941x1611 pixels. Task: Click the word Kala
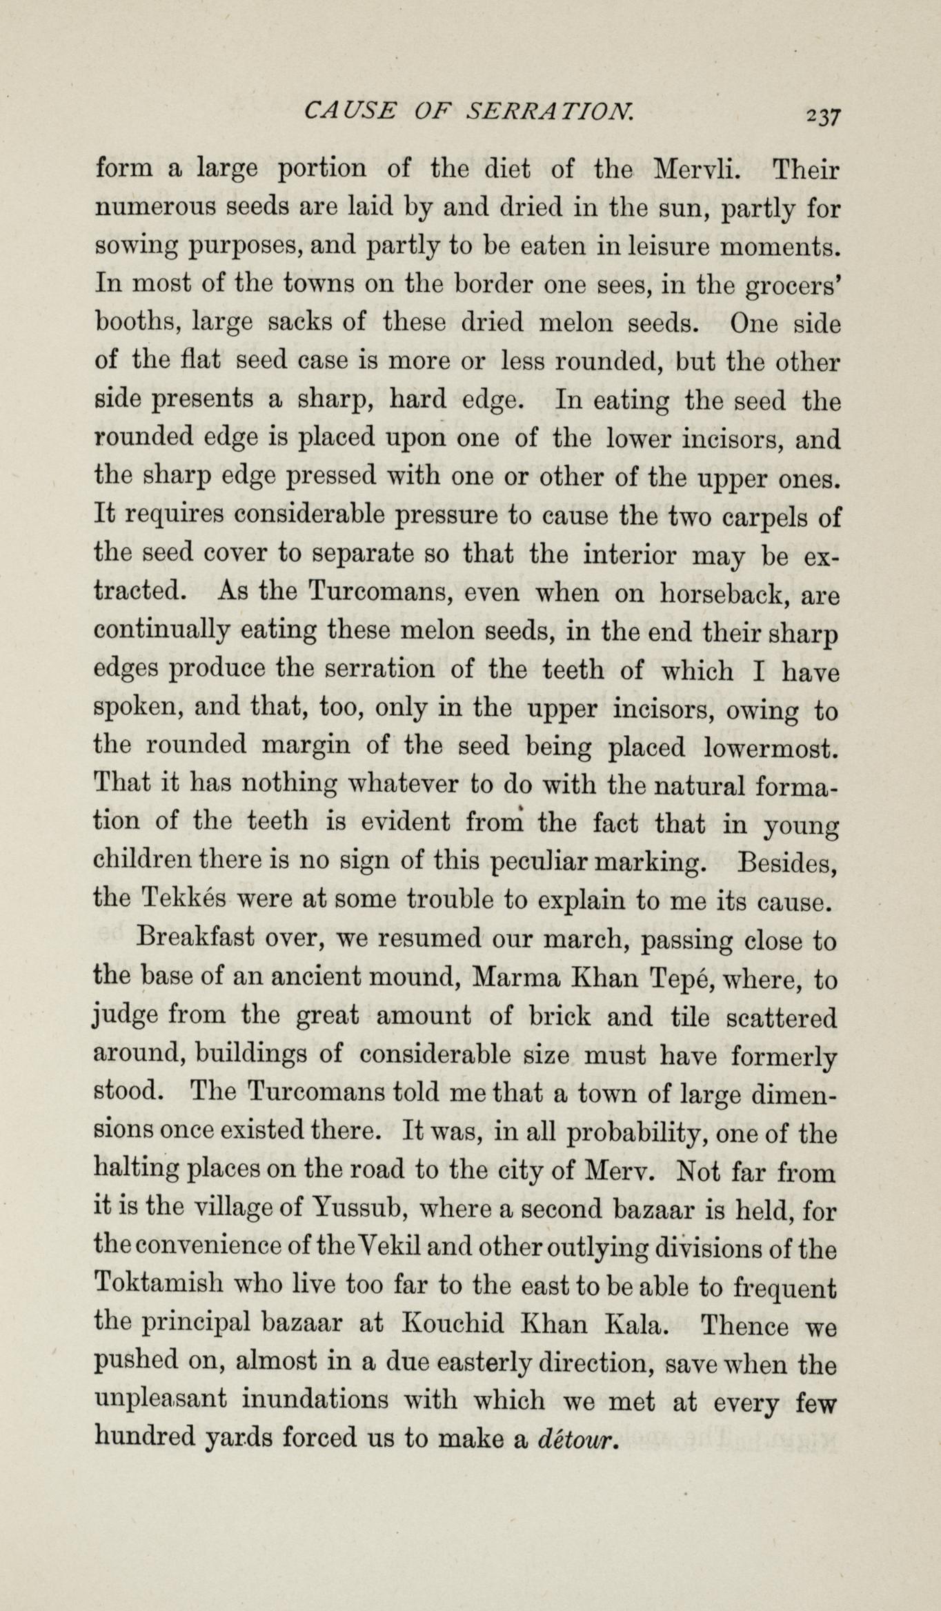coord(634,1325)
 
